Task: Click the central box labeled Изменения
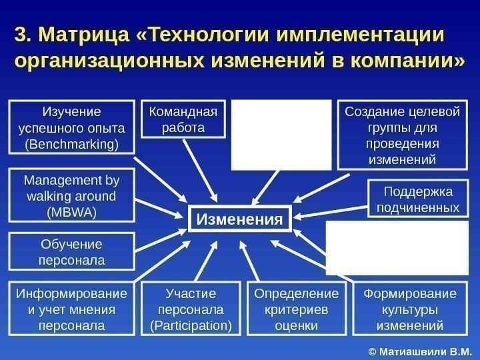[x=241, y=219]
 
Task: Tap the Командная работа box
[x=183, y=118]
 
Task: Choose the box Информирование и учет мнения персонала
[x=71, y=310]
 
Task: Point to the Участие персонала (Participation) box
[x=192, y=310]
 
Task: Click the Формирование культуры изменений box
[x=409, y=310]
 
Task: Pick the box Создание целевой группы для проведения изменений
[x=402, y=134]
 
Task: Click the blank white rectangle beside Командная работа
[x=281, y=134]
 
